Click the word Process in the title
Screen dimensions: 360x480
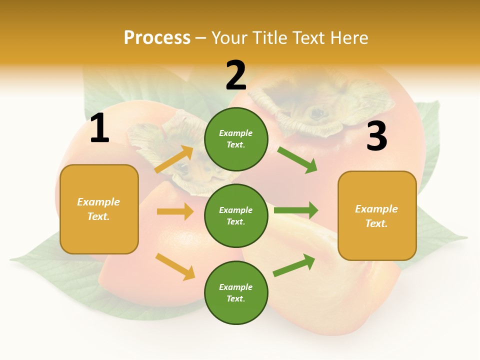(157, 38)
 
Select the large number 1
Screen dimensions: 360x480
(99, 128)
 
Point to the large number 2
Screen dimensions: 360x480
(236, 75)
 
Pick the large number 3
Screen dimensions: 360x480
(376, 136)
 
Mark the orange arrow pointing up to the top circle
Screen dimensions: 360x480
(174, 159)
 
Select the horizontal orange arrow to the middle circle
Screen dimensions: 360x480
(175, 211)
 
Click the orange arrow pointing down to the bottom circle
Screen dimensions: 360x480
(175, 266)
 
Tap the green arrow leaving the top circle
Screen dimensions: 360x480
(297, 159)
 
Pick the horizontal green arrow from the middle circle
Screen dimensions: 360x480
(296, 210)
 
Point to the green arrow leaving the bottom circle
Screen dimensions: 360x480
(294, 265)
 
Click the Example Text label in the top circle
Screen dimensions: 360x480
(236, 139)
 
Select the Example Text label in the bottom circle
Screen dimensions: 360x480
(236, 293)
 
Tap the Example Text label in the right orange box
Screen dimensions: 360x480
(376, 216)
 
